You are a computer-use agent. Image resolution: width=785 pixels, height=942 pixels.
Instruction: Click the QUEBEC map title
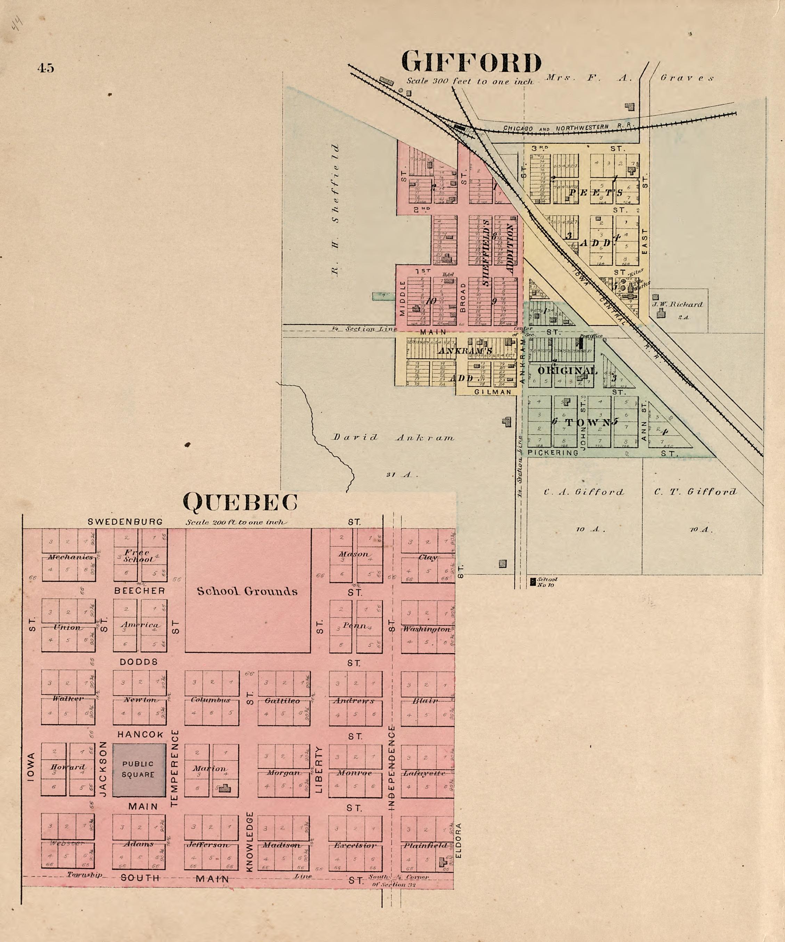(241, 502)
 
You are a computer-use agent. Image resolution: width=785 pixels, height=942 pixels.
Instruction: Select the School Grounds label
(247, 591)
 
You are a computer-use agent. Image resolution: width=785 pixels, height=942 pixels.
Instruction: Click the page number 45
(46, 68)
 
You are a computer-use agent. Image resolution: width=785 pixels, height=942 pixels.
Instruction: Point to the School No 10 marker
(533, 582)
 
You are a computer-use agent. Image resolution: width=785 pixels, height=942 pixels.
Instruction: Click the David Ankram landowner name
(393, 437)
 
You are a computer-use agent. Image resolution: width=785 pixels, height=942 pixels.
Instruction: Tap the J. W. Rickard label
(677, 304)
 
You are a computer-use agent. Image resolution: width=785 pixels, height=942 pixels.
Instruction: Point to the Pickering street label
(553, 453)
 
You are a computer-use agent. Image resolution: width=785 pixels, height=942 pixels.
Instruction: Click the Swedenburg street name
(125, 522)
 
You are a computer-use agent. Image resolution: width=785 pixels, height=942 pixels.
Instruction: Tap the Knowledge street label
(250, 841)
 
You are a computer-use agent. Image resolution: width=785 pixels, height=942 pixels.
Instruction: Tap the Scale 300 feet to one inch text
(470, 82)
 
